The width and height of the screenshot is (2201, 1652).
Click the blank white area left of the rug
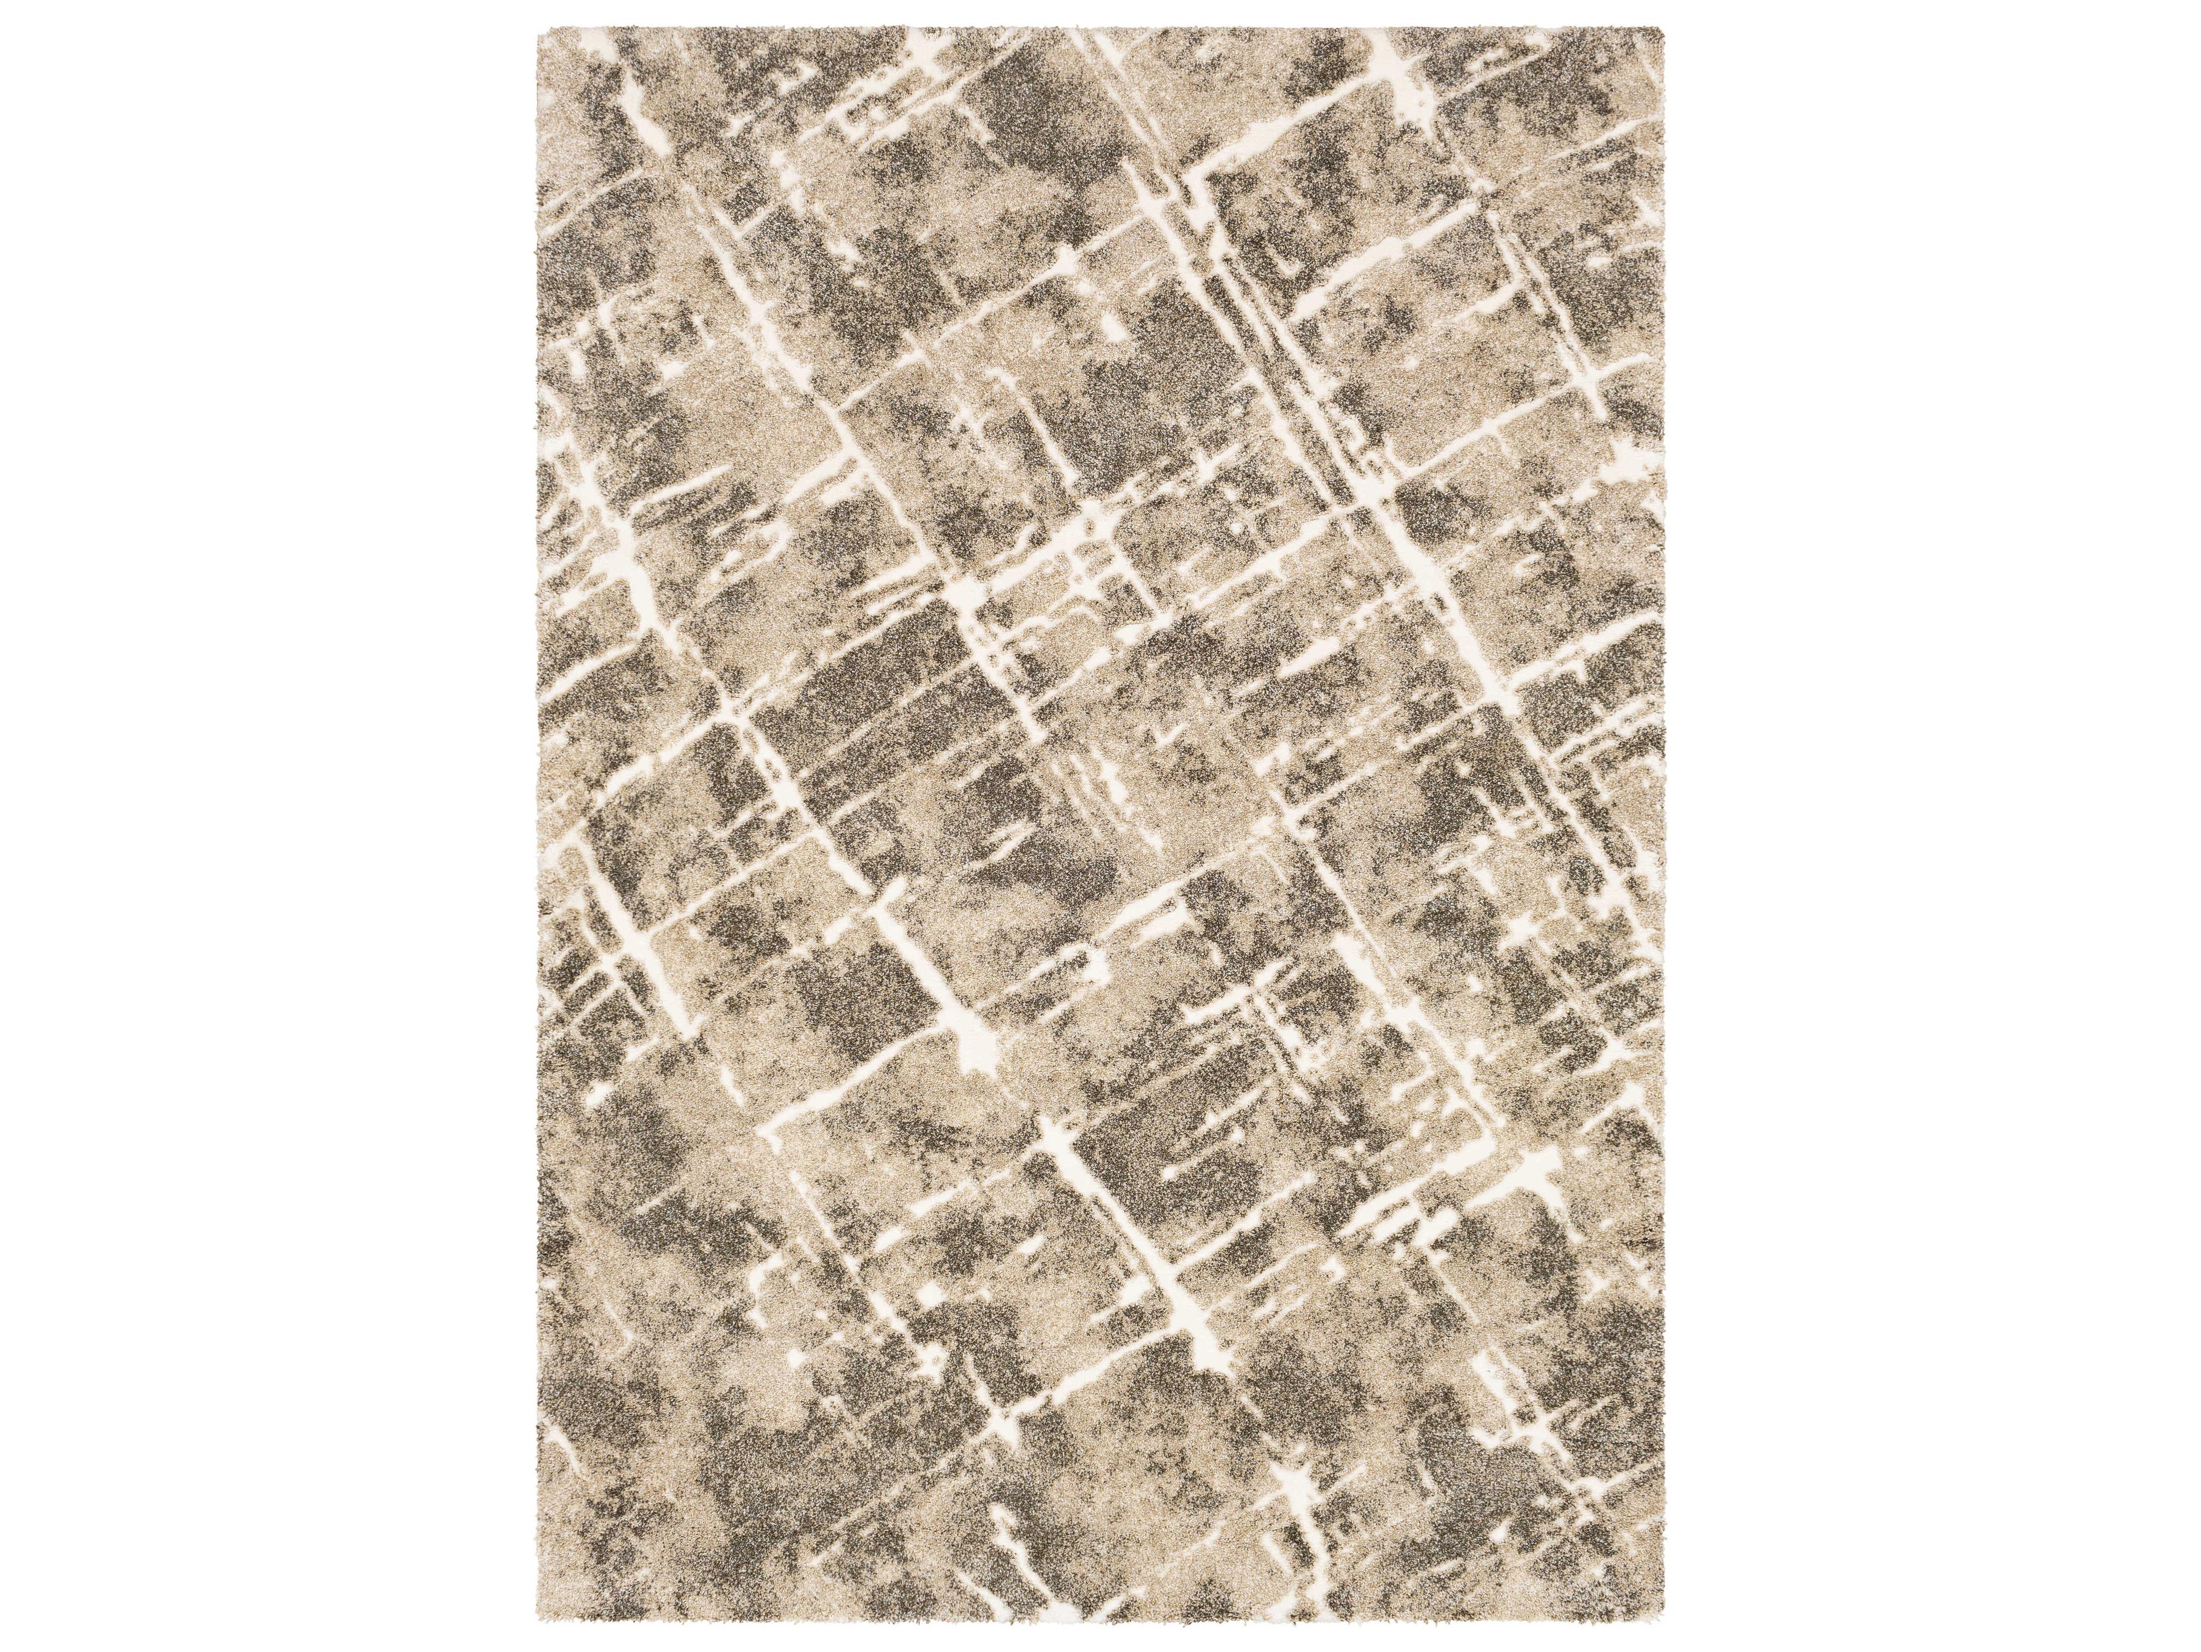pyautogui.click(x=269, y=826)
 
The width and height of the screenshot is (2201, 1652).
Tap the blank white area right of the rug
pyautogui.click(x=1930, y=826)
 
